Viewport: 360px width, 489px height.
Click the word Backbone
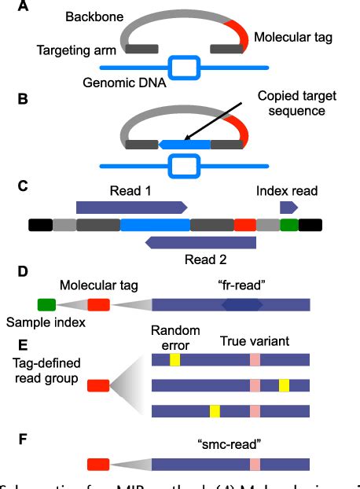(x=99, y=16)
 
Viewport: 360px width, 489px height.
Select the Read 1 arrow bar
(x=130, y=206)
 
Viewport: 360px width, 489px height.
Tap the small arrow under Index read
(x=288, y=206)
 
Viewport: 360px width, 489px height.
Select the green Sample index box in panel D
(x=46, y=304)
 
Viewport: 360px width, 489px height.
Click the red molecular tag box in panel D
(x=99, y=304)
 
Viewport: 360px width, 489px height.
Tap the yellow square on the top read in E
(x=174, y=359)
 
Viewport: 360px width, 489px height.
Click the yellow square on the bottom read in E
(x=215, y=410)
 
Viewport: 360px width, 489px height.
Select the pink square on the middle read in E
(x=255, y=385)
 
